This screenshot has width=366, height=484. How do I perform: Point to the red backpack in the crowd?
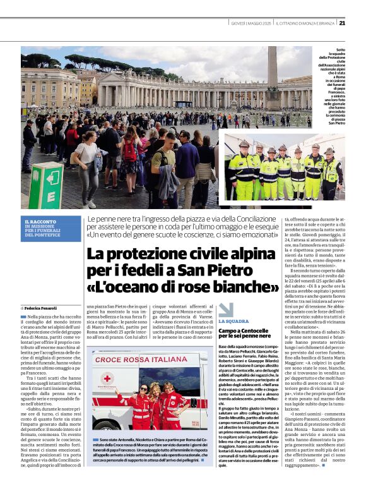coord(131,150)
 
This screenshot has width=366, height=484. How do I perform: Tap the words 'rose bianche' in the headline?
coord(230,287)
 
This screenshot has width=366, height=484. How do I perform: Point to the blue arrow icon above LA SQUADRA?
coord(225,310)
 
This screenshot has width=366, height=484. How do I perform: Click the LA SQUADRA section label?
coord(233,322)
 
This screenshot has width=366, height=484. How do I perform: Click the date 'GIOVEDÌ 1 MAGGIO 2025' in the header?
coord(251,23)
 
